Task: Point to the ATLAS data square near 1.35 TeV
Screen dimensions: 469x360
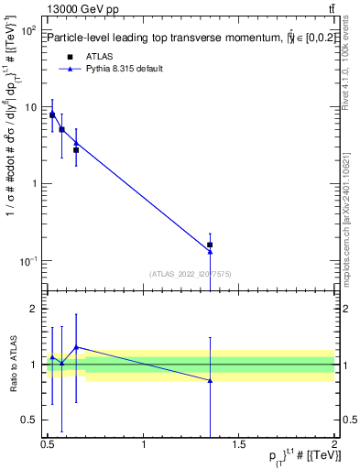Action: [210, 245]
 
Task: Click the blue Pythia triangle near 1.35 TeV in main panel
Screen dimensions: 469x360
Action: [210, 252]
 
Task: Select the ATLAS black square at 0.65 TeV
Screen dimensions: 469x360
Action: [76, 149]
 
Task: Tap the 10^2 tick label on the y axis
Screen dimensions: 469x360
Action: [28, 31]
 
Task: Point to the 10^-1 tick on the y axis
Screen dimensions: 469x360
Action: [28, 261]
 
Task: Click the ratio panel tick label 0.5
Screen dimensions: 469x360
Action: [31, 420]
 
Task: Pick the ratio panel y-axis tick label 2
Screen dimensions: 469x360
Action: [36, 310]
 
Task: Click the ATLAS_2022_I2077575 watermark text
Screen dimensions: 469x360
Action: [191, 273]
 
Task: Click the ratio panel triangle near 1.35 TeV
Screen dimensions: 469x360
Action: [210, 380]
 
